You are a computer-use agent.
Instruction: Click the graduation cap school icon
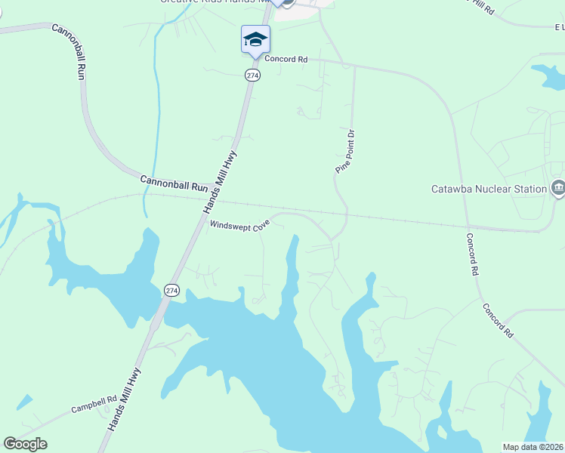click(x=255, y=39)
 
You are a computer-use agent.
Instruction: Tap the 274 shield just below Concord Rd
click(x=252, y=75)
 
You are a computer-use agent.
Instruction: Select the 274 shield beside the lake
click(x=171, y=290)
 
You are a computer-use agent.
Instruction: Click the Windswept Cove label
click(x=239, y=225)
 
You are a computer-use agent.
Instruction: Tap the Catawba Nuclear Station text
click(x=488, y=189)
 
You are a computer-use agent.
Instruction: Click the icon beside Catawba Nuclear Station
click(x=558, y=187)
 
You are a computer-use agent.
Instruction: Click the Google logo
click(x=25, y=444)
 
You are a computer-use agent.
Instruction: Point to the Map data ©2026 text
click(x=533, y=447)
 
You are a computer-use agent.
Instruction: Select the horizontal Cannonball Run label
click(x=174, y=183)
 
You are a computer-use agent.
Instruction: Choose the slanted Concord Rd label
click(x=499, y=320)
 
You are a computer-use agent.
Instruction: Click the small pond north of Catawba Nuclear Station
click(x=548, y=75)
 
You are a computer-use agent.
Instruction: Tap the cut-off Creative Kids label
click(x=215, y=2)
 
